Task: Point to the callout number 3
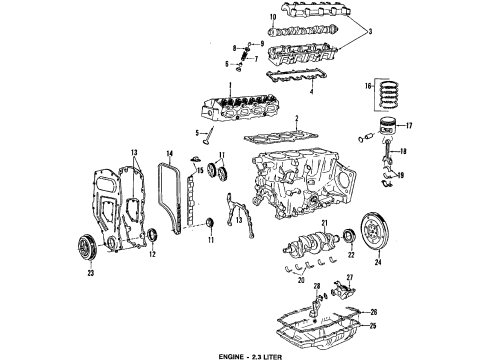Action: (x=371, y=32)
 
